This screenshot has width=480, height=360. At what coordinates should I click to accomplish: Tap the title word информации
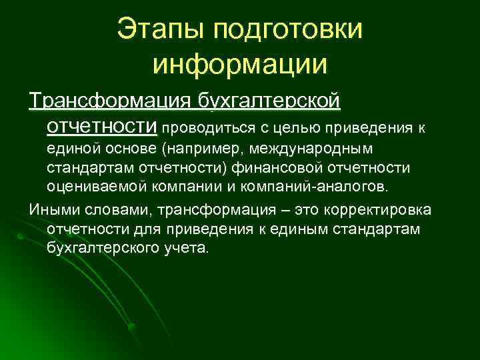[240, 65]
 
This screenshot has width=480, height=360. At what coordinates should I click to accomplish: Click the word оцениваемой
[95, 184]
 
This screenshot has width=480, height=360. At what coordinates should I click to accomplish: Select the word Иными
[48, 211]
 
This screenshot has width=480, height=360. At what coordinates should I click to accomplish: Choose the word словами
[98, 211]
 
